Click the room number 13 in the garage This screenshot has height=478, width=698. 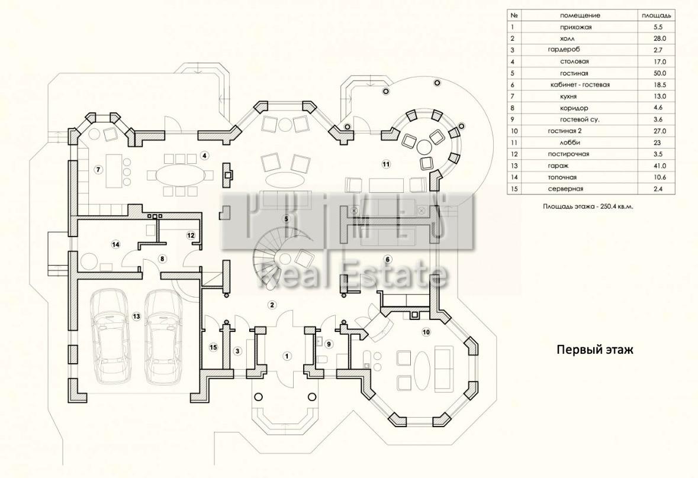coord(136,317)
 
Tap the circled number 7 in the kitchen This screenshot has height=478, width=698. coord(98,169)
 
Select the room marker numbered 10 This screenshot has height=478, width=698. coord(426,332)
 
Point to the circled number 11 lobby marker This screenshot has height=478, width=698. coord(386,164)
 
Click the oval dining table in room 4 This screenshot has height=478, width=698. coord(178,175)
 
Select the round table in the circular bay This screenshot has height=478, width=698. coord(425,146)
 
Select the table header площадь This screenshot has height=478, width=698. coord(656,15)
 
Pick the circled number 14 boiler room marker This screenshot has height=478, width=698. coord(115,244)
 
